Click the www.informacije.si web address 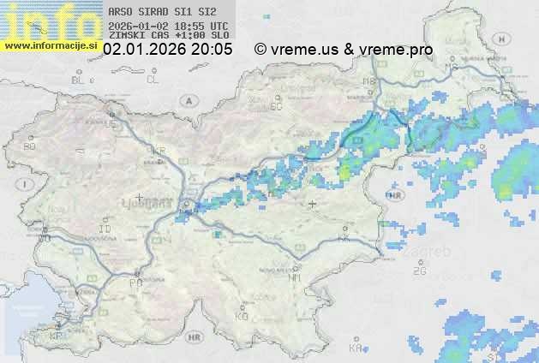coord(51,45)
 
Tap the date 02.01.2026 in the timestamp coord(142,50)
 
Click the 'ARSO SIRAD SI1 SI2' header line coord(163,12)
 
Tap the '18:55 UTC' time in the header coord(206,26)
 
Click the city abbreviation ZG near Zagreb coord(419,271)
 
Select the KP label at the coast coord(56,336)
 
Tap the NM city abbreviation coord(296,277)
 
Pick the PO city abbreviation coord(135,283)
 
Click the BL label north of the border coord(79,80)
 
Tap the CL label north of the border coord(153,80)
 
